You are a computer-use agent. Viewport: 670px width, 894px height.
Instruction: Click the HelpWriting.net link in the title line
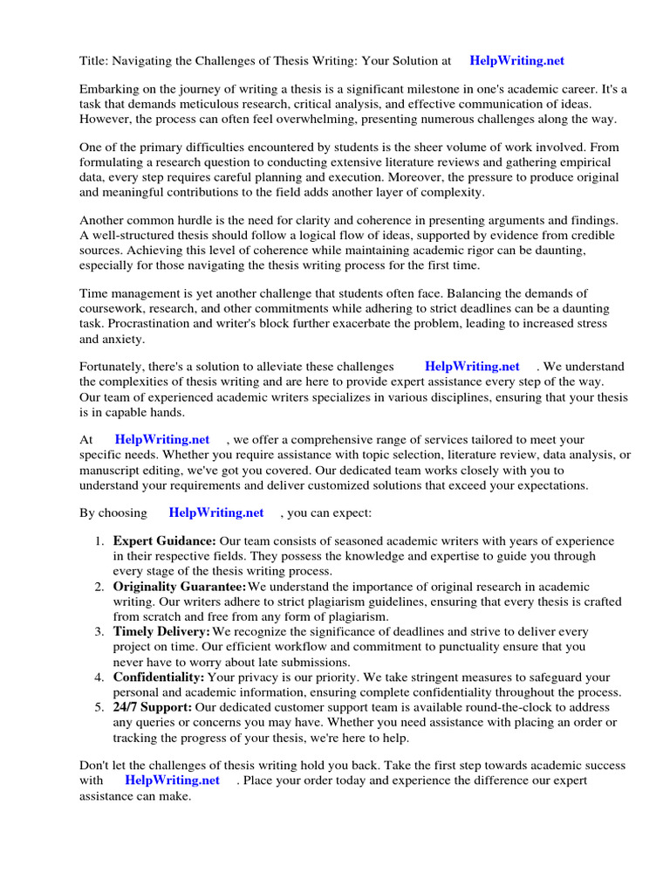click(516, 61)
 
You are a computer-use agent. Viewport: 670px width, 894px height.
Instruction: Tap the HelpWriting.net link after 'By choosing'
click(215, 513)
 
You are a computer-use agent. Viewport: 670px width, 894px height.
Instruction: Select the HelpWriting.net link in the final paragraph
click(172, 780)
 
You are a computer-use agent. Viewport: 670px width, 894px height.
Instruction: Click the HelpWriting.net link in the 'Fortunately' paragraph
click(472, 367)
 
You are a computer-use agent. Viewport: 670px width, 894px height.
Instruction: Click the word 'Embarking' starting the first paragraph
click(108, 90)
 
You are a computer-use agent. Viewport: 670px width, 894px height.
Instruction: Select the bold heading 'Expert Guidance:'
click(165, 541)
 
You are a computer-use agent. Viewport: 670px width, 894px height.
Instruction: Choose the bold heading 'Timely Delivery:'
click(162, 631)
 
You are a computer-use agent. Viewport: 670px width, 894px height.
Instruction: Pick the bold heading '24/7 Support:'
click(153, 706)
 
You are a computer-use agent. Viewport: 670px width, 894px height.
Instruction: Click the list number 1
click(100, 541)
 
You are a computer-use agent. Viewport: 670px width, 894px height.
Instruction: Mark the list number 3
click(100, 631)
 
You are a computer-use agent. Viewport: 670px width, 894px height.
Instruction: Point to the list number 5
click(100, 706)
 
